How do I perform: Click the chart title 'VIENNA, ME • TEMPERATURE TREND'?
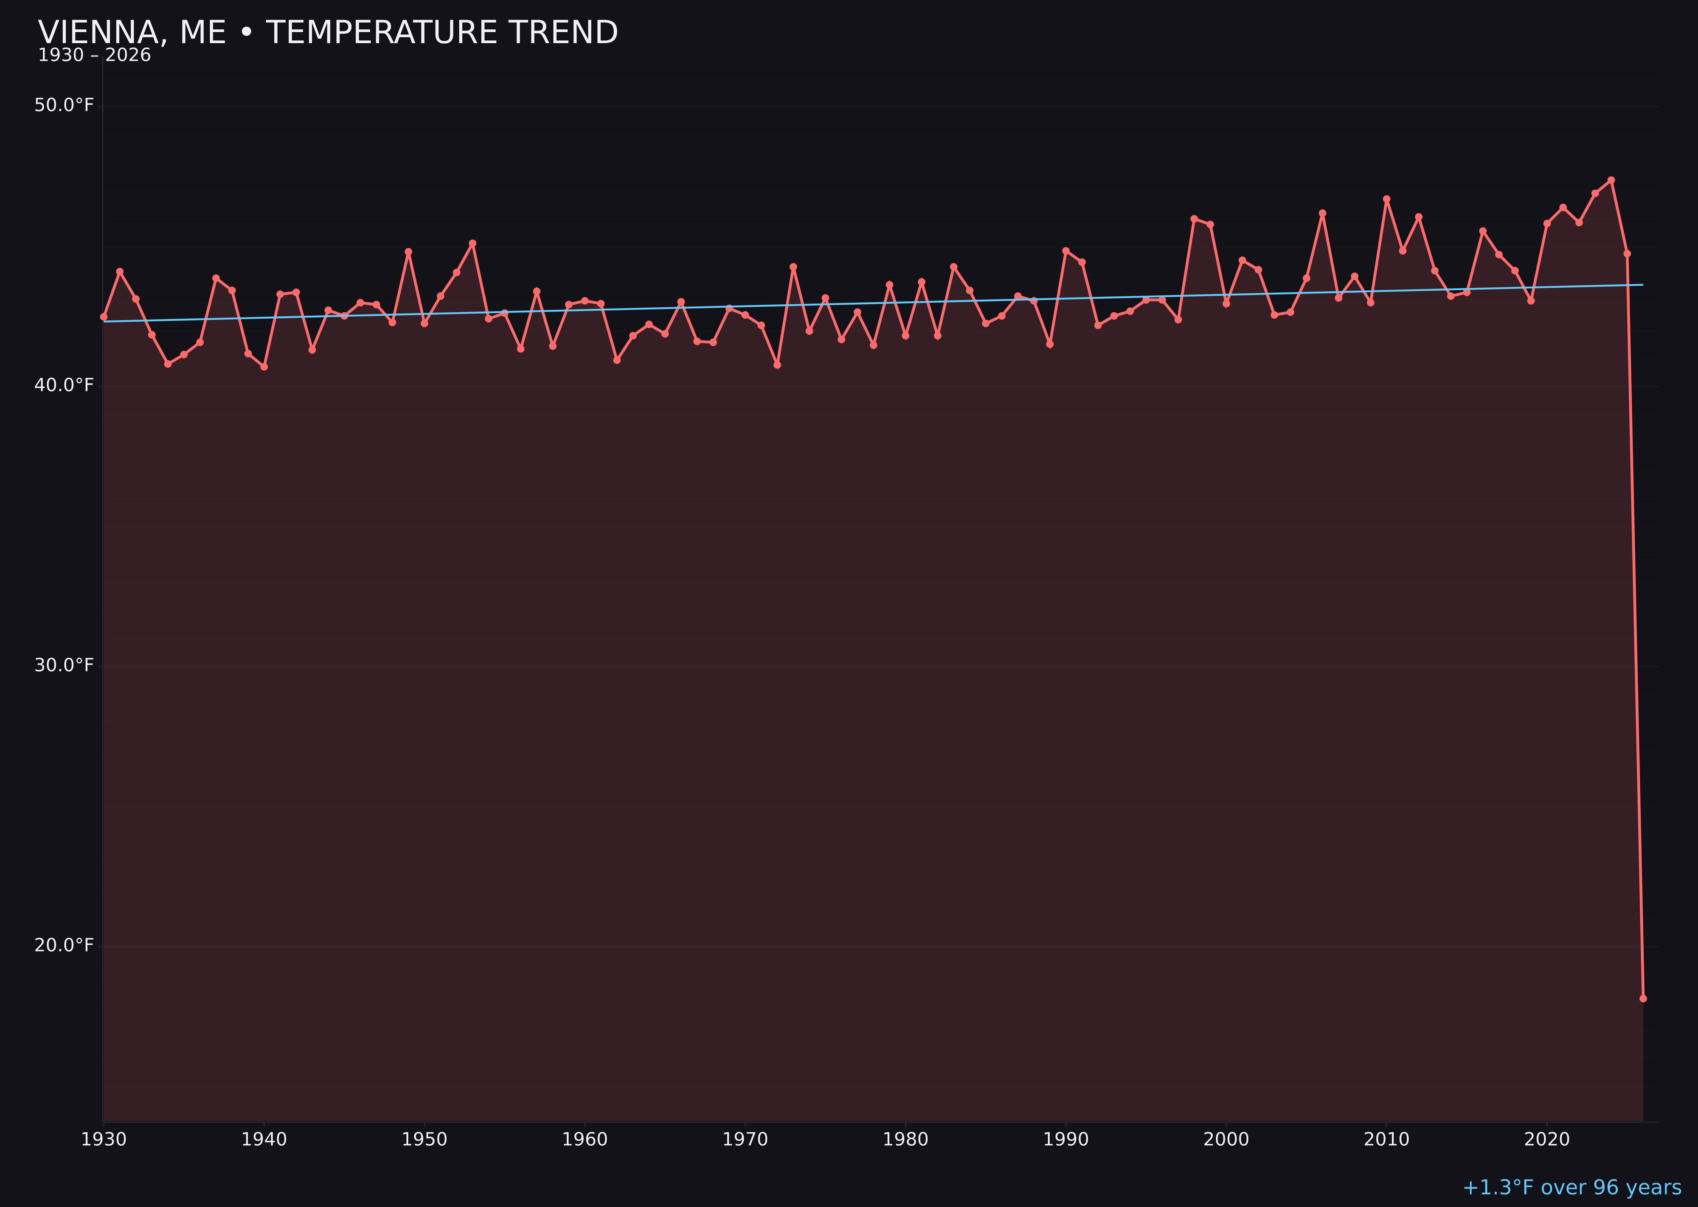(x=328, y=33)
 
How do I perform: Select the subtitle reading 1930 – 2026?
(x=94, y=56)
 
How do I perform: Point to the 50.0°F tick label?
(x=64, y=106)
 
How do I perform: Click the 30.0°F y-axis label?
(x=64, y=665)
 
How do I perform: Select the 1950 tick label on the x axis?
(x=424, y=1140)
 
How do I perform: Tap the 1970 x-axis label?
(x=745, y=1140)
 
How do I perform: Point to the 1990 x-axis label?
(x=1065, y=1140)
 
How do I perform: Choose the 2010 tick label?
(x=1386, y=1140)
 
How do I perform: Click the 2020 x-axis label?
(x=1547, y=1140)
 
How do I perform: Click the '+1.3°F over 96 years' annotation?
(x=1571, y=1187)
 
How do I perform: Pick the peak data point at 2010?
(x=1386, y=199)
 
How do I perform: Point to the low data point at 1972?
(x=777, y=365)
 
